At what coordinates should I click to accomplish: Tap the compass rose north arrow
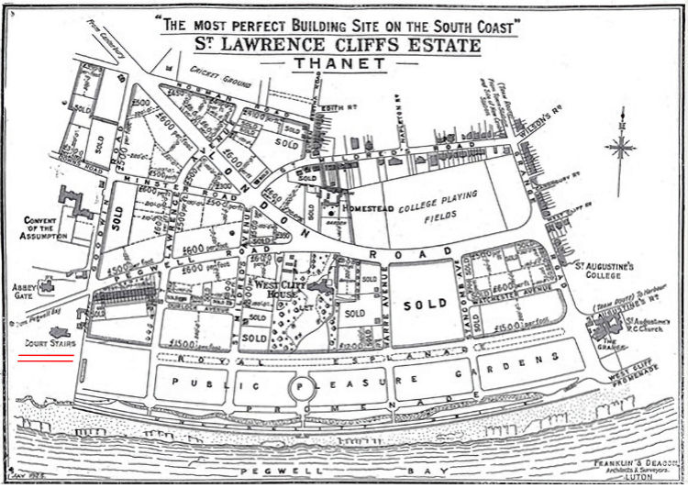[621, 147]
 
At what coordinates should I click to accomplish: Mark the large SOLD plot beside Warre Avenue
[418, 302]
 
